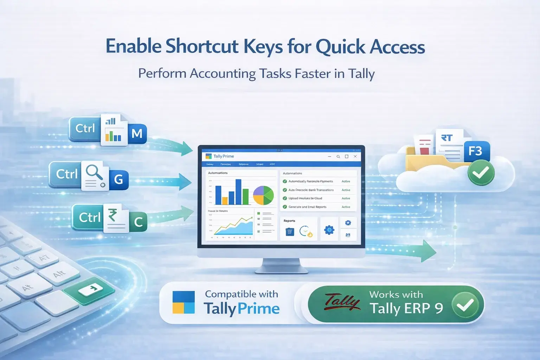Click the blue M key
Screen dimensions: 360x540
(137, 134)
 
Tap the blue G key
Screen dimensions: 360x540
(118, 179)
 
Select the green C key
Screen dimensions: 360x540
(138, 221)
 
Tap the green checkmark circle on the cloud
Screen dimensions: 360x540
(481, 173)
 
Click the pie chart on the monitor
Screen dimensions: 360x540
(263, 195)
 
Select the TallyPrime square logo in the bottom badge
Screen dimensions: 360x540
(184, 302)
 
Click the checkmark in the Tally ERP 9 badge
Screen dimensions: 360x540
(465, 304)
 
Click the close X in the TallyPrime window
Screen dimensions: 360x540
(355, 156)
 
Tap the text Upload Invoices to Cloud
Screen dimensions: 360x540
(305, 198)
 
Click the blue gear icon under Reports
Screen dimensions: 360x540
(329, 230)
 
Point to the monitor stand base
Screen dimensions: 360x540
(281, 269)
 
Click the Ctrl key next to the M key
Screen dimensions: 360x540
(85, 129)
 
